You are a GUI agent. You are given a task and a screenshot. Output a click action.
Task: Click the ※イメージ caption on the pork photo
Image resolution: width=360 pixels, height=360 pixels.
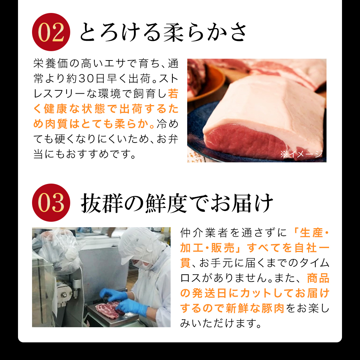(302, 154)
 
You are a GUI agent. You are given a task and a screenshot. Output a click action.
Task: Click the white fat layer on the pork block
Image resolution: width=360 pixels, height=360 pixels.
(252, 104)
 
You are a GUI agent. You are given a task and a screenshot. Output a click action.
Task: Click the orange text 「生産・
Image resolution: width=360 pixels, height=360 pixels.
(311, 233)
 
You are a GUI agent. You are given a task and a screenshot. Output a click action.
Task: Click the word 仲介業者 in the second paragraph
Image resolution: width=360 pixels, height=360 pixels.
(204, 233)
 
